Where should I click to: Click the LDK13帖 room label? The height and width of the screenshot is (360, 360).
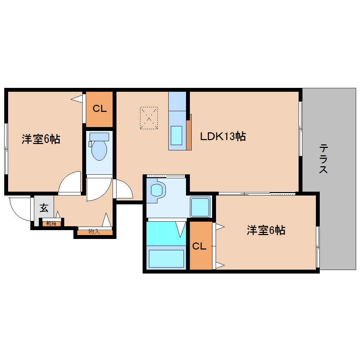[x=223, y=136]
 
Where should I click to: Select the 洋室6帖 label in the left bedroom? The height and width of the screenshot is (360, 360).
[x=41, y=139]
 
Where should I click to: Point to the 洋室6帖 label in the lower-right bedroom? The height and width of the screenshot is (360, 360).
[x=266, y=230]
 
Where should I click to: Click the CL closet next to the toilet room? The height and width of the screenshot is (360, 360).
[x=100, y=109]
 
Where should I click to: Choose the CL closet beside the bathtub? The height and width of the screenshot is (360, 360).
[x=199, y=246]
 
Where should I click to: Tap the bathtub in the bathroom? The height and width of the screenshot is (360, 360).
[x=166, y=258]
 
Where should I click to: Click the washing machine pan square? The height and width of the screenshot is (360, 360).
[x=200, y=207]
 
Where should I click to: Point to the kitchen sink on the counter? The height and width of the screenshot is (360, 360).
[x=176, y=135]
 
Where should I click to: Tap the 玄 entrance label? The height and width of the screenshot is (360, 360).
[x=44, y=208]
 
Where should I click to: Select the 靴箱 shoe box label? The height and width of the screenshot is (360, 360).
[x=52, y=223]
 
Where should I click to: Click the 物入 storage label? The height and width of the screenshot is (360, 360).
[x=94, y=232]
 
